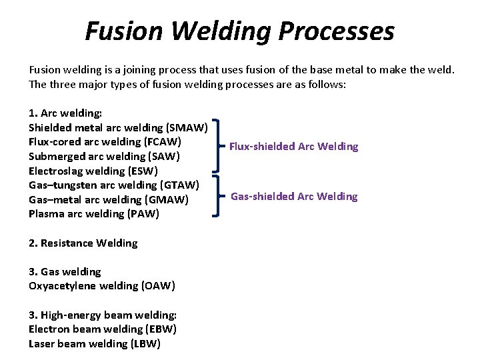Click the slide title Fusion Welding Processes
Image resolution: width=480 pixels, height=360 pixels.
click(x=239, y=31)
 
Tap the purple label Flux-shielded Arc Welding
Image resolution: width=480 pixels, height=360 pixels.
click(x=293, y=147)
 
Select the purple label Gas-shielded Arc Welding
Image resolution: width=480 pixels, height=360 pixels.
click(x=293, y=196)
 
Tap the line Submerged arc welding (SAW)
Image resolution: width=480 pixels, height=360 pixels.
click(x=104, y=157)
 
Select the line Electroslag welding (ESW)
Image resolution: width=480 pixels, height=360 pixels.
click(x=93, y=171)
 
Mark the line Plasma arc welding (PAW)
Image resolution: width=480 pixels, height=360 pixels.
click(x=94, y=214)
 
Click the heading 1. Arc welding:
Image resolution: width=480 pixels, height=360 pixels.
click(x=65, y=113)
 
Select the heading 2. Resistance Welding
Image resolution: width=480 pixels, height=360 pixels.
click(x=83, y=243)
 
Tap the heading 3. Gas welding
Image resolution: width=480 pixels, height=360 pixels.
click(x=65, y=272)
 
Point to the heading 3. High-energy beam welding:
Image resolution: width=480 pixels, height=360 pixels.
click(x=102, y=315)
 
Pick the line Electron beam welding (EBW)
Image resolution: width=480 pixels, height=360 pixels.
click(x=103, y=329)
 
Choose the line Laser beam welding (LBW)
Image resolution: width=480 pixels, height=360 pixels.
click(x=94, y=344)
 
